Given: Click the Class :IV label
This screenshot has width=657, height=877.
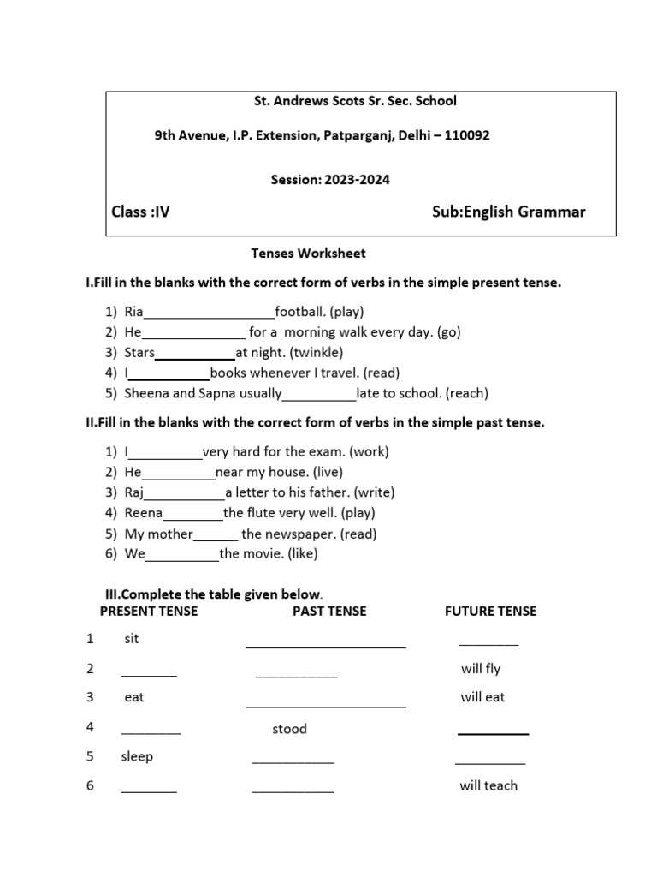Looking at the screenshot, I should tap(141, 212).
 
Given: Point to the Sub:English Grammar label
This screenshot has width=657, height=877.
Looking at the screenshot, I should tap(509, 212).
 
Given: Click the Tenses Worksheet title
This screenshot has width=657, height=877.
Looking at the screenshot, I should tap(308, 254).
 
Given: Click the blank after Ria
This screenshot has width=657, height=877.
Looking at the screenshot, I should tap(209, 313).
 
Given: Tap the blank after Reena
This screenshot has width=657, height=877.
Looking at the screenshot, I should tap(192, 515).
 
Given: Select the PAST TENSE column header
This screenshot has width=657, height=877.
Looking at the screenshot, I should tap(329, 611).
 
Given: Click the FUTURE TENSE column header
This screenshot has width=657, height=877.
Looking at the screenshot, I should tap(491, 611).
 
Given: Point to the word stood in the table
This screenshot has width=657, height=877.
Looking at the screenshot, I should tap(289, 729).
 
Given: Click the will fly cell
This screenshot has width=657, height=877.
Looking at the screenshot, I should tap(481, 669).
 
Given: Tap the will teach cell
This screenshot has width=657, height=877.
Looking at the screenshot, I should tap(488, 785).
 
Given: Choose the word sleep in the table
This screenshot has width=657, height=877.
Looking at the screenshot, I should tap(137, 757).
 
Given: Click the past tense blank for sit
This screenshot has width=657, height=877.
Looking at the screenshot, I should tap(325, 644).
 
